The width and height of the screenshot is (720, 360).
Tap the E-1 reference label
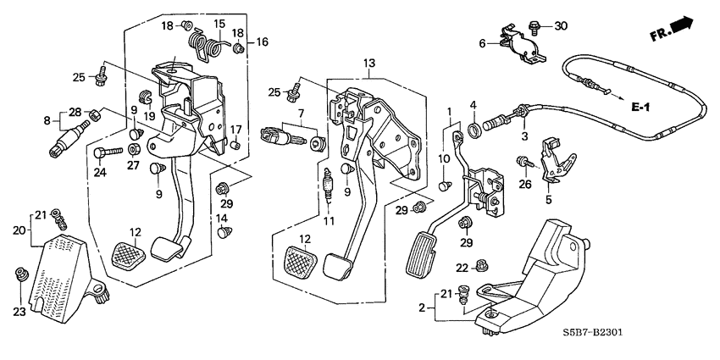pyautogui.click(x=645, y=108)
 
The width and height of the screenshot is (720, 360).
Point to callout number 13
pyautogui.click(x=368, y=63)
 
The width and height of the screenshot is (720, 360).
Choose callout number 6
pyautogui.click(x=482, y=43)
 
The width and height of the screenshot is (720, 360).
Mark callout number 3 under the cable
pyautogui.click(x=524, y=136)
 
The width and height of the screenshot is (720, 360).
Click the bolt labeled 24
pyautogui.click(x=104, y=152)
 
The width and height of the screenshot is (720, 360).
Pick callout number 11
pyautogui.click(x=329, y=221)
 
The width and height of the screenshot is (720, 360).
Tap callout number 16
pyautogui.click(x=261, y=41)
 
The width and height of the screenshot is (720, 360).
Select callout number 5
pyautogui.click(x=548, y=201)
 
